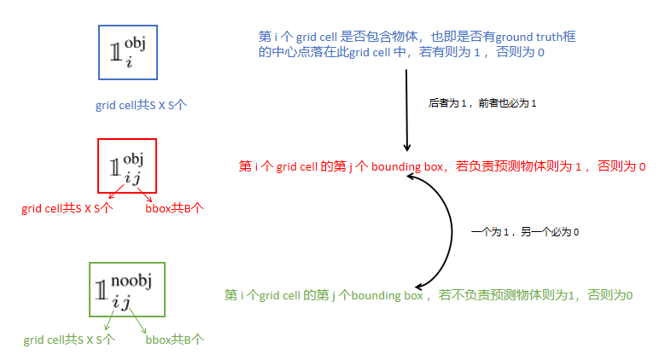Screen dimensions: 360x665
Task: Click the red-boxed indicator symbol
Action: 126,165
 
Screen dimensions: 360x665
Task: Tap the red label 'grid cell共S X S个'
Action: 67,207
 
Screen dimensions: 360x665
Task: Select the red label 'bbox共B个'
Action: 175,207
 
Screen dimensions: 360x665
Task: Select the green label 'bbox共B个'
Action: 175,340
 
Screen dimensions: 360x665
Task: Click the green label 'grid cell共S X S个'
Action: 69,340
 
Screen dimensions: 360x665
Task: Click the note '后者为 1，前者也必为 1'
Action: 481,103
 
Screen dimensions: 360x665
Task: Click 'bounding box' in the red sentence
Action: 400,166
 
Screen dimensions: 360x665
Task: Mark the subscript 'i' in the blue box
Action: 127,62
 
